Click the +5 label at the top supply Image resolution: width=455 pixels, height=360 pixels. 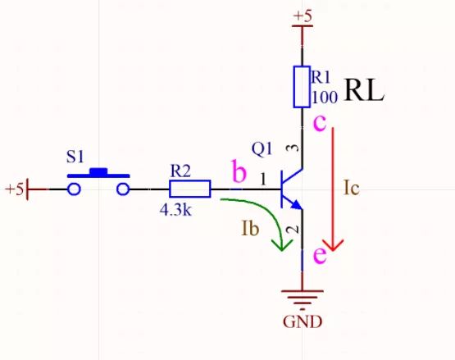click(303, 16)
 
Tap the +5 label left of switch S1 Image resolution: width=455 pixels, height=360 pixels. click(14, 189)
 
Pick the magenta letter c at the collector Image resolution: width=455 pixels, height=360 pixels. click(321, 123)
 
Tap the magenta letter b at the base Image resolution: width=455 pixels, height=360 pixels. click(239, 173)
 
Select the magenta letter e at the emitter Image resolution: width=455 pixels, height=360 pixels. click(321, 255)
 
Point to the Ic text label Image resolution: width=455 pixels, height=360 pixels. click(351, 188)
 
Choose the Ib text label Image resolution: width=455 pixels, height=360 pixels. click(250, 228)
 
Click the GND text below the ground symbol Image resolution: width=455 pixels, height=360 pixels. click(303, 321)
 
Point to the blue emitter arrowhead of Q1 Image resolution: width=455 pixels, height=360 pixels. click(294, 203)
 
